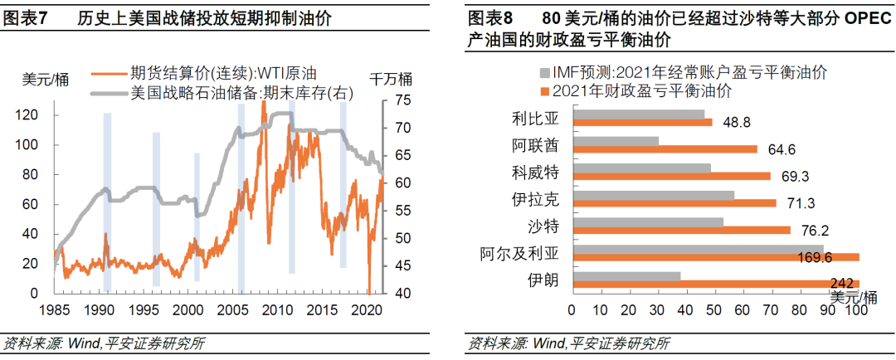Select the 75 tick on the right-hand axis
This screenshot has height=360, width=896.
pos(401,100)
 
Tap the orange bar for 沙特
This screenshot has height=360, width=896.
pos(681,230)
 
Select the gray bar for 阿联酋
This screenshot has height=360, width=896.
pos(615,141)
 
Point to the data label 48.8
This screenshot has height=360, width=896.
pos(736,122)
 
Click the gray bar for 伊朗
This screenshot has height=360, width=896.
pos(626,276)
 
